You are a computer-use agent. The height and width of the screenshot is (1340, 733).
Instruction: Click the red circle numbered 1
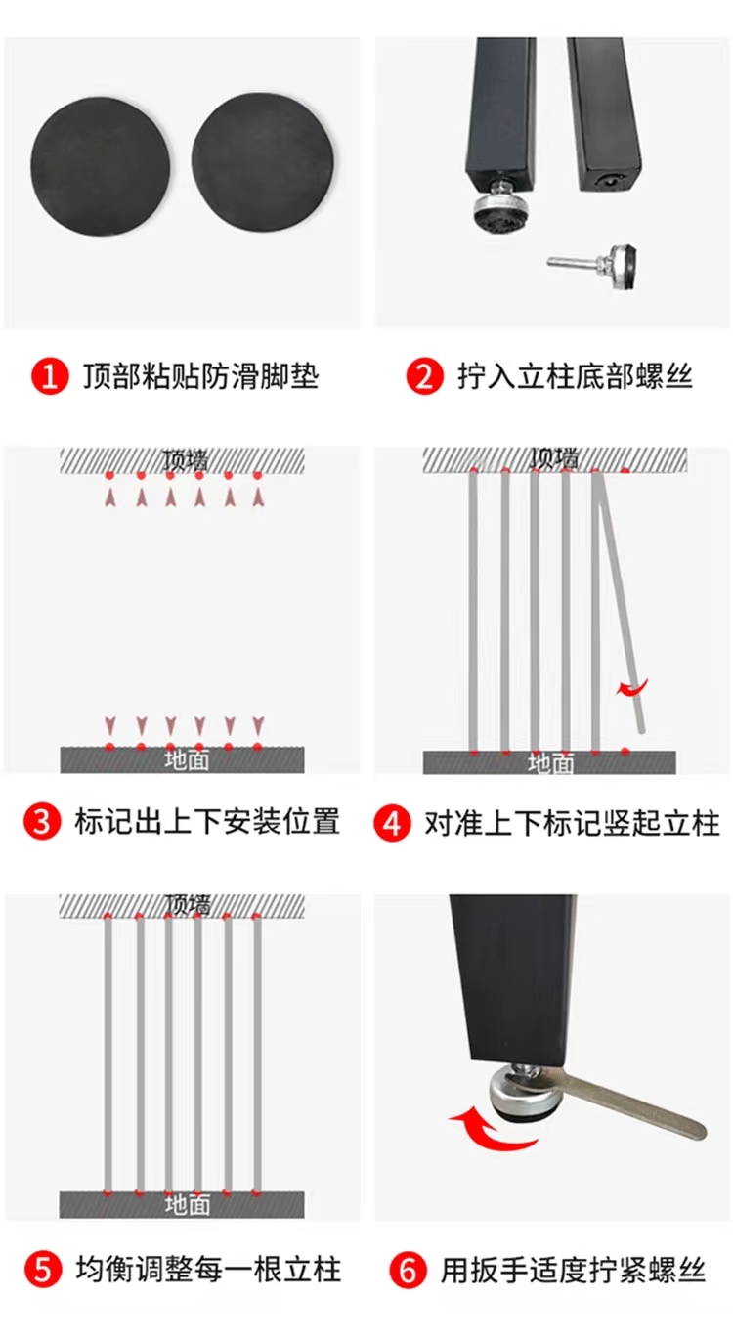tap(50, 377)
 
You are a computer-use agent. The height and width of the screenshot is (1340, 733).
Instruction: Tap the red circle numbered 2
tap(424, 377)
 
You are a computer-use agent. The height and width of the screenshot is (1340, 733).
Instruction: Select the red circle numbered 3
tap(42, 822)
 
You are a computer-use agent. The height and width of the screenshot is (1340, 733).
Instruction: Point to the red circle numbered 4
tap(392, 823)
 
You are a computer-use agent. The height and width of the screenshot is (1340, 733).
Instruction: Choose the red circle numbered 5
tap(43, 1270)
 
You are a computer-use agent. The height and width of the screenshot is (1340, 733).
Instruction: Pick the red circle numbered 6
tap(408, 1271)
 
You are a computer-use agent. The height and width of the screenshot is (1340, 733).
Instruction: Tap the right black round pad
tap(262, 161)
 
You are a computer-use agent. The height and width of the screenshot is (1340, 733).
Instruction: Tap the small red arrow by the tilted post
tap(632, 688)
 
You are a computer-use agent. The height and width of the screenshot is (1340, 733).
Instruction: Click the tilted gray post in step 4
tap(620, 601)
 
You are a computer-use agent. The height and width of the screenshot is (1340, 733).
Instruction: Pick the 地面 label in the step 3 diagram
tap(187, 759)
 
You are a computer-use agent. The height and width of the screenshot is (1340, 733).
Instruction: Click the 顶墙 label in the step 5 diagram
tap(188, 906)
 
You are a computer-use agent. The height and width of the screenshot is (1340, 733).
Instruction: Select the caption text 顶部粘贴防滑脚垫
tap(201, 377)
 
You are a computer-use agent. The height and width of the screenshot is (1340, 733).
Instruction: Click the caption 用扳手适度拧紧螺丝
tap(574, 1271)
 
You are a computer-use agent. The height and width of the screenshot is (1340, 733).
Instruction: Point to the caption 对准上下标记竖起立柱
tap(572, 823)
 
